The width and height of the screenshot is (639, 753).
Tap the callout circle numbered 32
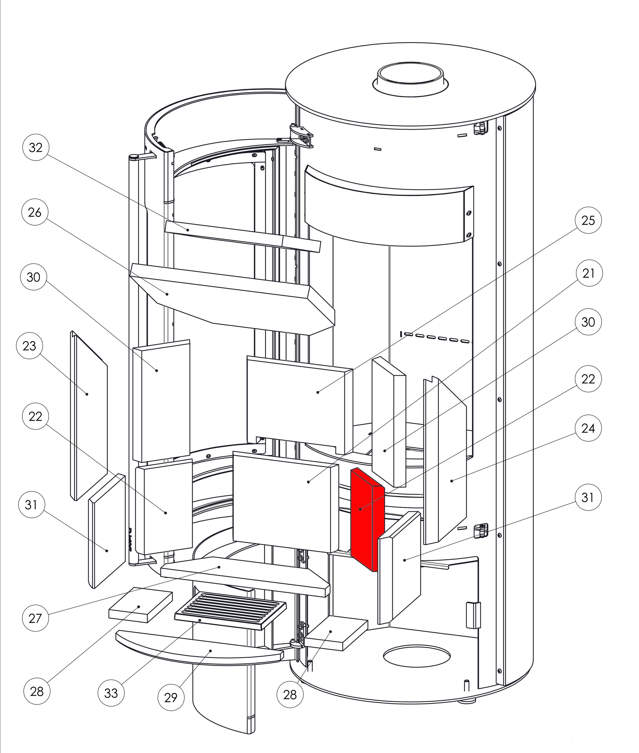[36, 148]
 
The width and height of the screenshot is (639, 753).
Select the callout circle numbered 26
[35, 212]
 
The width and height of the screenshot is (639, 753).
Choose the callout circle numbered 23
[29, 346]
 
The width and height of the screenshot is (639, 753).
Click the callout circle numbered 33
[111, 693]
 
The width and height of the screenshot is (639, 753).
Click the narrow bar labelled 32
[243, 236]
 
